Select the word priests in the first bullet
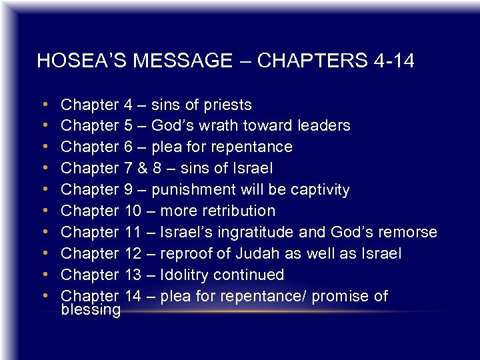(228, 105)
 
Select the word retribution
(235, 211)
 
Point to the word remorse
(409, 233)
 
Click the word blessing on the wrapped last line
(91, 310)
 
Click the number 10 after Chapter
(132, 211)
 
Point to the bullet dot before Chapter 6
(44, 147)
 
